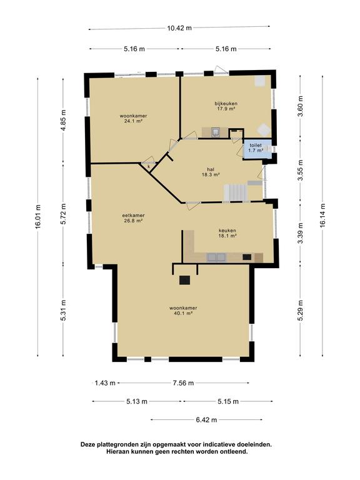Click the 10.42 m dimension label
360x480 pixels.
click(x=179, y=28)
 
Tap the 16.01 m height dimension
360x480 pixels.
click(x=37, y=217)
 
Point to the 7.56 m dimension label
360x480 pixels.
click(x=183, y=383)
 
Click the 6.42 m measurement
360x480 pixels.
click(x=206, y=420)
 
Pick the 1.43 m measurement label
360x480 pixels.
click(x=105, y=383)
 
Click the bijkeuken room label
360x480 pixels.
click(x=226, y=106)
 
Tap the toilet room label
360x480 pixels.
click(x=256, y=148)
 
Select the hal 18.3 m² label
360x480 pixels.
click(x=211, y=172)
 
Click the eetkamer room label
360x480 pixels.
click(x=133, y=218)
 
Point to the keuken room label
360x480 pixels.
click(x=227, y=233)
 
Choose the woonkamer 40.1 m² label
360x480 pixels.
click(x=183, y=311)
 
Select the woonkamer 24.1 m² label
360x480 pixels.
click(x=133, y=119)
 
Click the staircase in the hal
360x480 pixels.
click(x=236, y=193)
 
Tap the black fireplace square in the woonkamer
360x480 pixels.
click(x=184, y=280)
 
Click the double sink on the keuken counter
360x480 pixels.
click(x=216, y=257)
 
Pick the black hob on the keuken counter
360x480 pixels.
click(x=247, y=257)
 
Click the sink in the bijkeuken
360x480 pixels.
click(x=216, y=132)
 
